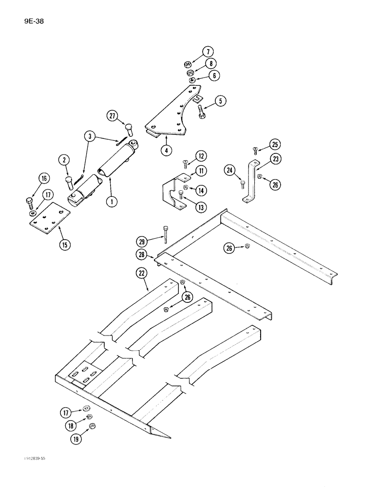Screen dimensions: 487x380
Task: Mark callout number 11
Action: [x=200, y=170]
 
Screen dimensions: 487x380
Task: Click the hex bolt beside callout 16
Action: [x=29, y=201]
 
